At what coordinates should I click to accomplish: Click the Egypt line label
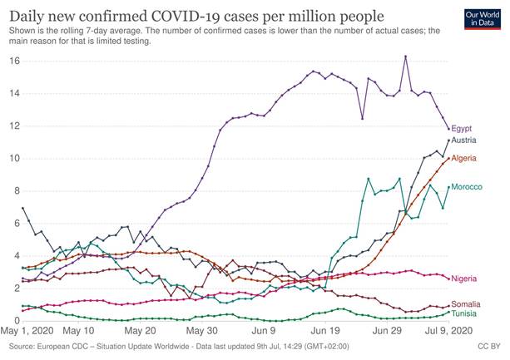tap(462, 129)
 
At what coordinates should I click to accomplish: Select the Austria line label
tap(464, 141)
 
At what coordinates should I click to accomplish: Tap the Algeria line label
tap(464, 158)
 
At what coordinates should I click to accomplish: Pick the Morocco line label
tap(467, 187)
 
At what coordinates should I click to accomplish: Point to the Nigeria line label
tap(464, 279)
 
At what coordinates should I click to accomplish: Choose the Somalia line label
tap(466, 305)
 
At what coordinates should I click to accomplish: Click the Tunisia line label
tap(464, 313)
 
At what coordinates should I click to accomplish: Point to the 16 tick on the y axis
tap(13, 62)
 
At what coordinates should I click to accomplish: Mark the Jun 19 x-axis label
tap(327, 330)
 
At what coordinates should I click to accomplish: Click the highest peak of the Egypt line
tap(405, 57)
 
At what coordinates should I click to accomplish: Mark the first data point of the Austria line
tap(22, 208)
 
